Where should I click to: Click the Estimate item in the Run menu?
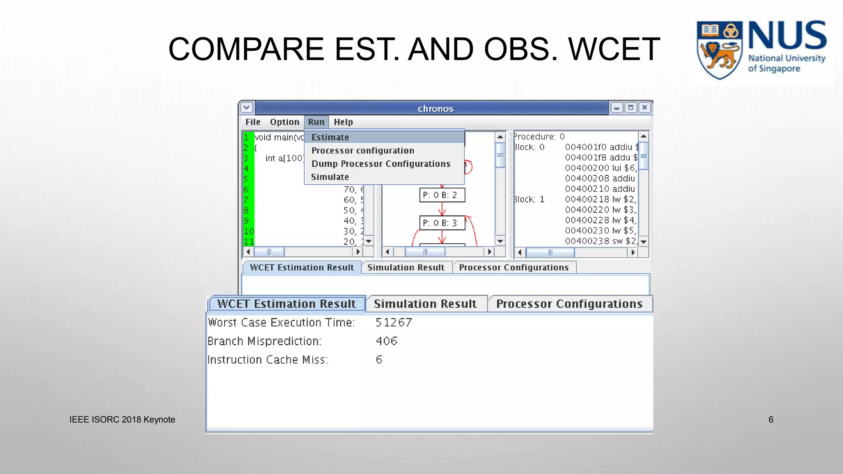pyautogui.click(x=330, y=137)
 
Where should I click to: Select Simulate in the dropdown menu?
pyautogui.click(x=330, y=177)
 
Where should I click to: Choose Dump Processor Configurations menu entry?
pyautogui.click(x=381, y=164)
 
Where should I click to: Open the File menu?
pyautogui.click(x=253, y=122)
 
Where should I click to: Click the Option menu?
pyautogui.click(x=284, y=122)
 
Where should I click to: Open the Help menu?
pyautogui.click(x=343, y=122)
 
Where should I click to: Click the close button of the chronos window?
pyautogui.click(x=645, y=108)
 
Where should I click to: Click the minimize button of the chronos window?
pyautogui.click(x=617, y=108)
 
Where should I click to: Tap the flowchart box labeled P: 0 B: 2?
pyautogui.click(x=442, y=195)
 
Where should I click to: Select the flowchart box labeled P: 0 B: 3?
pyautogui.click(x=442, y=223)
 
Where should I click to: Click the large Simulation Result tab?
pyautogui.click(x=425, y=304)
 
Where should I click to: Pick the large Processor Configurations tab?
pyautogui.click(x=569, y=304)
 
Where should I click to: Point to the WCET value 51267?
pyautogui.click(x=394, y=322)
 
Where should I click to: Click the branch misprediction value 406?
pyautogui.click(x=387, y=341)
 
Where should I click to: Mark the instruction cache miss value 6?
pyautogui.click(x=379, y=360)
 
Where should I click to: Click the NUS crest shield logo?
pyautogui.click(x=719, y=49)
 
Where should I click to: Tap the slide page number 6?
pyautogui.click(x=771, y=419)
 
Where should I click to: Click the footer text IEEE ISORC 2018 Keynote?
pyautogui.click(x=122, y=419)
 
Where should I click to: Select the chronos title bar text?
pyautogui.click(x=435, y=109)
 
